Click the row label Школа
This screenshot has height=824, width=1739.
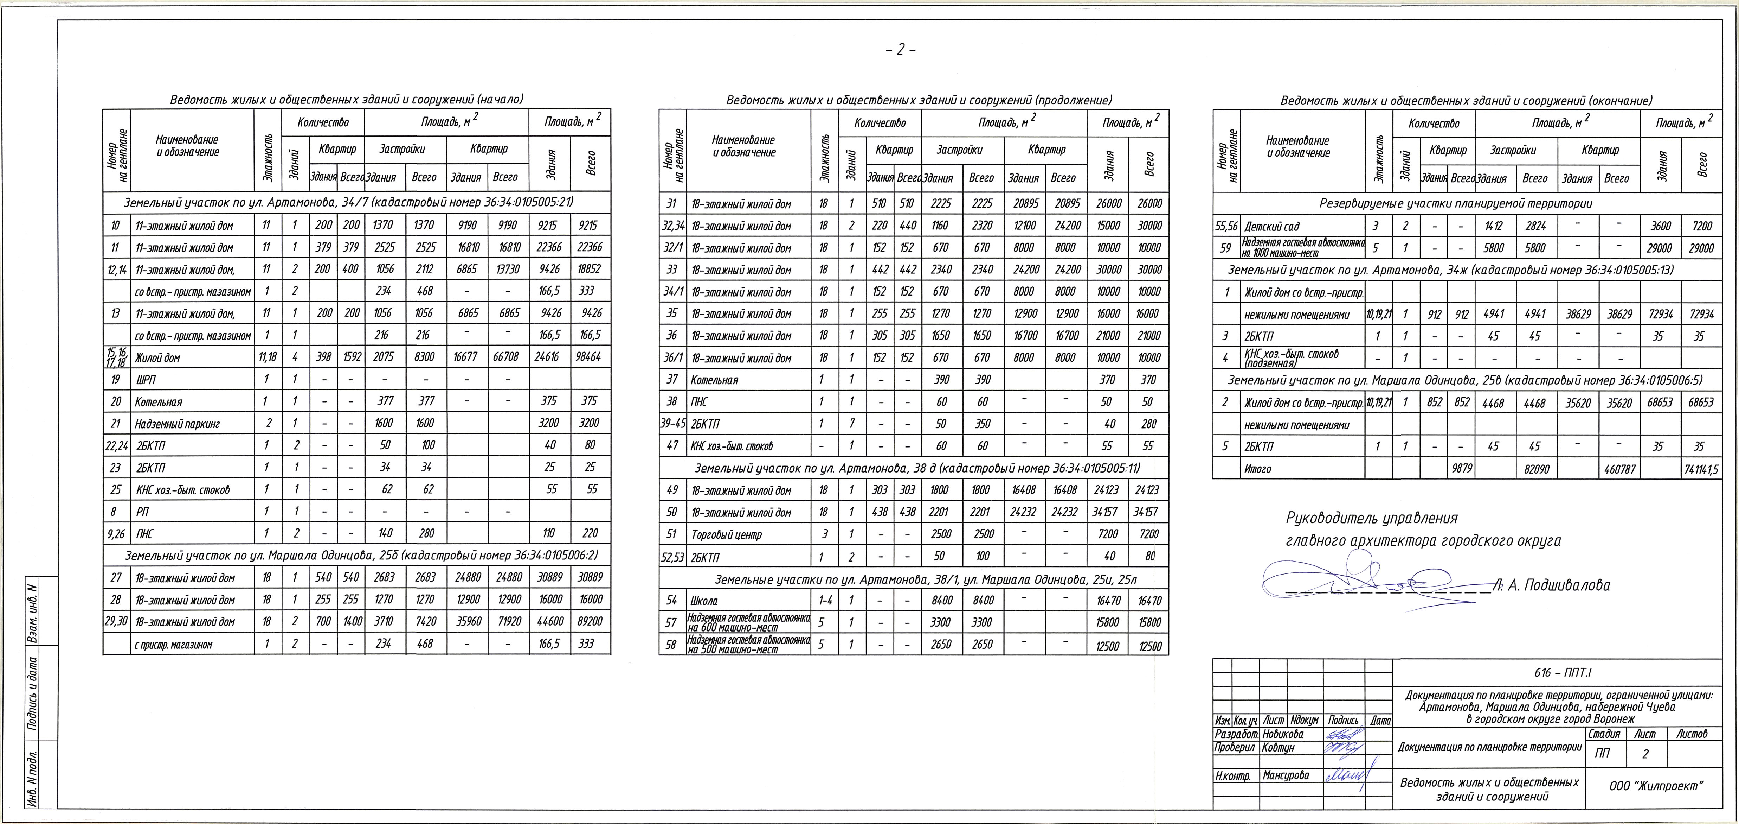click(704, 601)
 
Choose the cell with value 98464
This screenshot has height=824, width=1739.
click(590, 357)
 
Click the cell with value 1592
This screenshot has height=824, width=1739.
click(351, 357)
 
